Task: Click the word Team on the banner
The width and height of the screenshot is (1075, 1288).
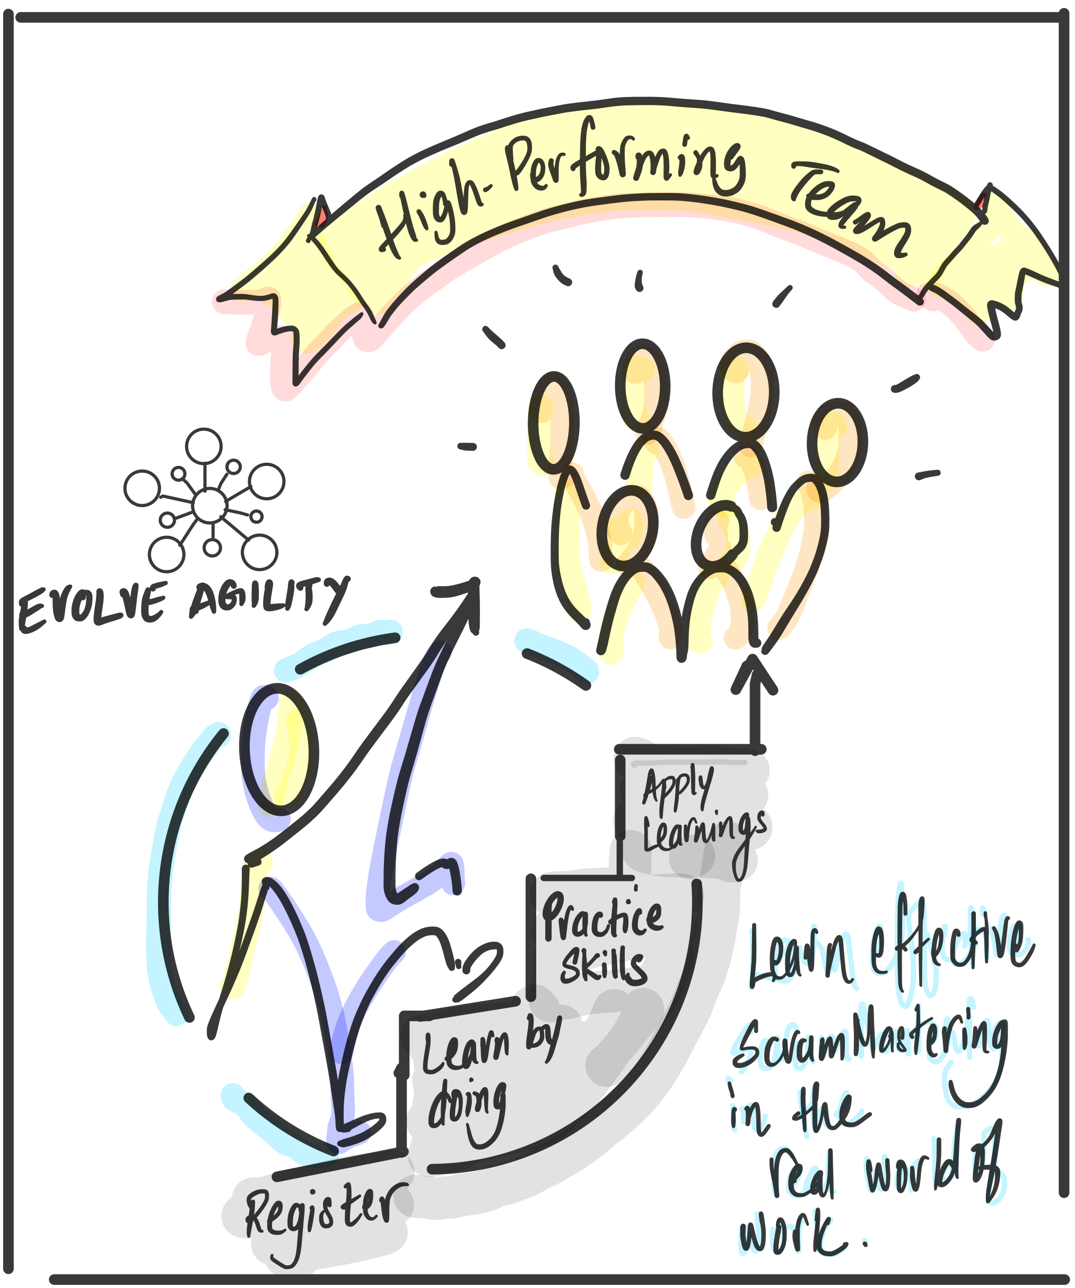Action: [x=850, y=208]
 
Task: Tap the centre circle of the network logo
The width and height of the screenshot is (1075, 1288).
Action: [x=210, y=505]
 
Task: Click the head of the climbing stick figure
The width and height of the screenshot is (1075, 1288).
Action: [x=279, y=749]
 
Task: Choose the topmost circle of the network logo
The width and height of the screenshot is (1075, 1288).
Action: [x=204, y=446]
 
